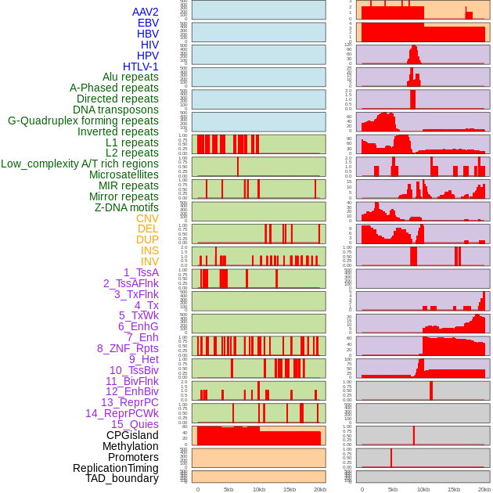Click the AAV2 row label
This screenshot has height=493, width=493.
coord(145,12)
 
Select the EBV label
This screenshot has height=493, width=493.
coord(148,23)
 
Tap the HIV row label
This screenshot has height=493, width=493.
coord(149,45)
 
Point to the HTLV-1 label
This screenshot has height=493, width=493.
coord(140,67)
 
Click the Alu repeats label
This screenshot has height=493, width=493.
coord(130,77)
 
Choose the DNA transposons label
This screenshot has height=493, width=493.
coord(116,110)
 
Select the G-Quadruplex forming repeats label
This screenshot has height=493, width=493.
coord(83,121)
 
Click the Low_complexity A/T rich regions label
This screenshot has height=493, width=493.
coord(80,164)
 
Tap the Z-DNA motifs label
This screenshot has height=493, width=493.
coord(126,207)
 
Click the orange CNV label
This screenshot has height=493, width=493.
coord(147,218)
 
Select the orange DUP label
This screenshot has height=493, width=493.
coord(147,239)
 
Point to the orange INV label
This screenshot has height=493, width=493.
coord(149,261)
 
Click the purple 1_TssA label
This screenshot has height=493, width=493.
coord(141,272)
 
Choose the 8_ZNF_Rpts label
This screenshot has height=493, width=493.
coord(128,348)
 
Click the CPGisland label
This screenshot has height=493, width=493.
coord(132,435)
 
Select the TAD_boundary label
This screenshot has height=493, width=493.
coord(121,478)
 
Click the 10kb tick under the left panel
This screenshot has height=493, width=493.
coord(258,489)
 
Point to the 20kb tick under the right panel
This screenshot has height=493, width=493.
coord(484,489)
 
